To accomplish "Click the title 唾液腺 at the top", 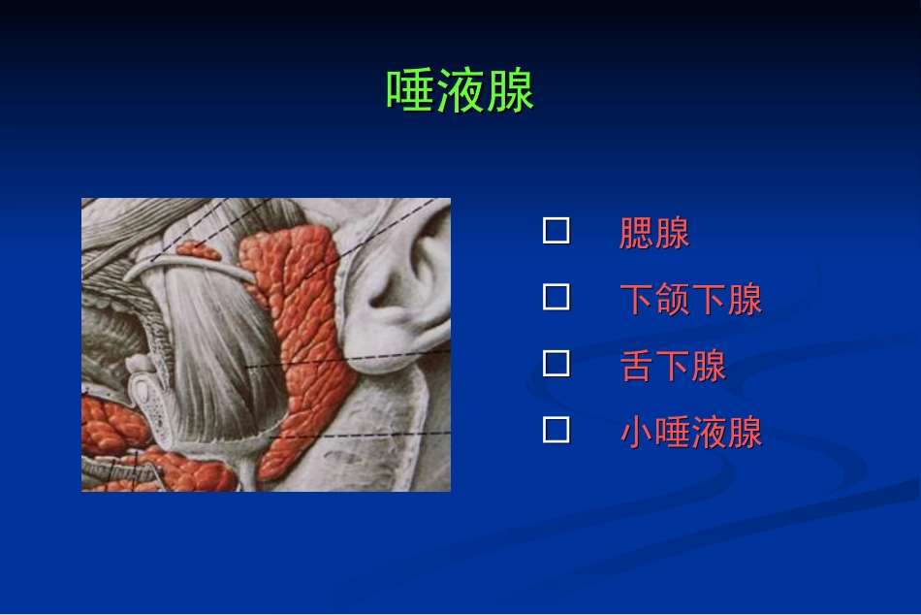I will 460,92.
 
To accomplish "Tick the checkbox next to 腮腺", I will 556,231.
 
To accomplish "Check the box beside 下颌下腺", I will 556,297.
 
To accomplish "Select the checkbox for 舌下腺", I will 556,364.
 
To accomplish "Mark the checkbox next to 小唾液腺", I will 556,430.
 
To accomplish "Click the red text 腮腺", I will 654,234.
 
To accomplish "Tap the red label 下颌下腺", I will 690,300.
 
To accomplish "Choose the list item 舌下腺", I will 673,366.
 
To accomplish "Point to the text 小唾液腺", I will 690,433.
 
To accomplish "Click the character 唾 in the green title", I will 411,92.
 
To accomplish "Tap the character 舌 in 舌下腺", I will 637,366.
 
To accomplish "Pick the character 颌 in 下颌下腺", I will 673,300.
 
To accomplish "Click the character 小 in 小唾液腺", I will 637,433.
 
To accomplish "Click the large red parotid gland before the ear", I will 301,330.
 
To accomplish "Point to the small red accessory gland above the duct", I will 199,249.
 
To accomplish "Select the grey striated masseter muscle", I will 218,359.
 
